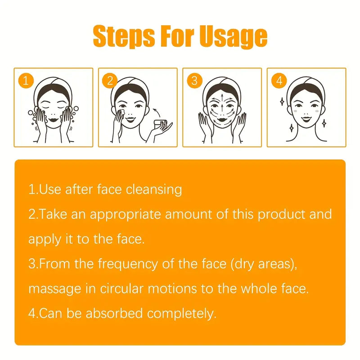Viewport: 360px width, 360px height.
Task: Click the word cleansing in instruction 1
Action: coord(154,189)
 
